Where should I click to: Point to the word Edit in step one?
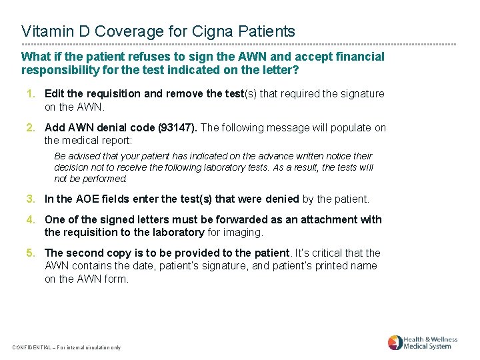click(55, 94)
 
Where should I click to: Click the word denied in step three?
click(284, 199)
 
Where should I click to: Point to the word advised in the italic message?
click(83, 157)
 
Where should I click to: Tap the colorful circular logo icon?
click(395, 343)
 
